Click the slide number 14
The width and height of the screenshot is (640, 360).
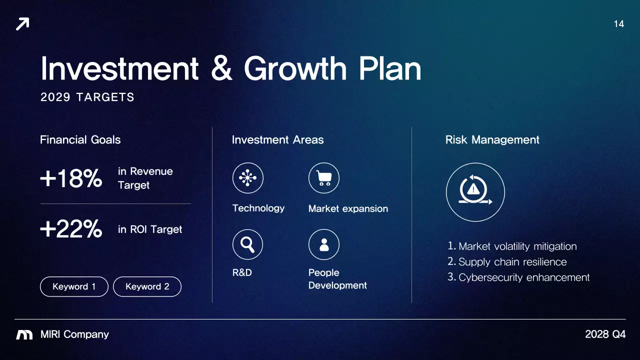(x=618, y=24)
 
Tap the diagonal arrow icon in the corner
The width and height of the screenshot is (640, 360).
(x=22, y=24)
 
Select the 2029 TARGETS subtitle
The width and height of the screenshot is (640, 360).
(x=87, y=97)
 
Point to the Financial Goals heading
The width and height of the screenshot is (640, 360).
(x=80, y=140)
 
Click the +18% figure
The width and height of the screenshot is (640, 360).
(x=71, y=178)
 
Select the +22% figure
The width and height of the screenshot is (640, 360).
(x=71, y=229)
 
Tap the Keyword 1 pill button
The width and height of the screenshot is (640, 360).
(x=74, y=286)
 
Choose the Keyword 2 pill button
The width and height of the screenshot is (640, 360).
(x=147, y=286)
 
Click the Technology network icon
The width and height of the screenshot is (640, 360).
(x=247, y=178)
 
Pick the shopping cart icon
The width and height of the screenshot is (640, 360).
(x=324, y=178)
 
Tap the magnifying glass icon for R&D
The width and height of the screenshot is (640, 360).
(x=247, y=244)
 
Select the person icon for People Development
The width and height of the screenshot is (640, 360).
(x=324, y=244)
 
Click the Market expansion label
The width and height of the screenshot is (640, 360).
(x=348, y=209)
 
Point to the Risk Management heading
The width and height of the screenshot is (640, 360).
(x=492, y=140)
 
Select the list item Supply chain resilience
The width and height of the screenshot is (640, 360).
(x=512, y=262)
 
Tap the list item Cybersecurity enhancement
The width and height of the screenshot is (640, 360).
(x=523, y=277)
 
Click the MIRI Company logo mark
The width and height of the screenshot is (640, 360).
(x=24, y=334)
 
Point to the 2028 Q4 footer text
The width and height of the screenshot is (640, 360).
(x=605, y=334)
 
